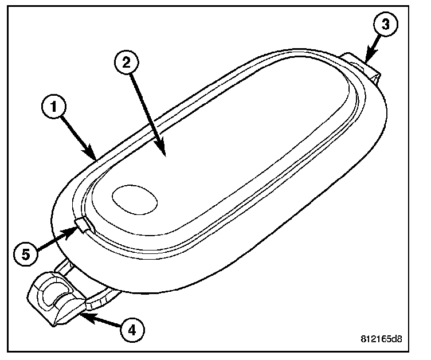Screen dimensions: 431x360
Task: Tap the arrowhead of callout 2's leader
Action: coord(163,155)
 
